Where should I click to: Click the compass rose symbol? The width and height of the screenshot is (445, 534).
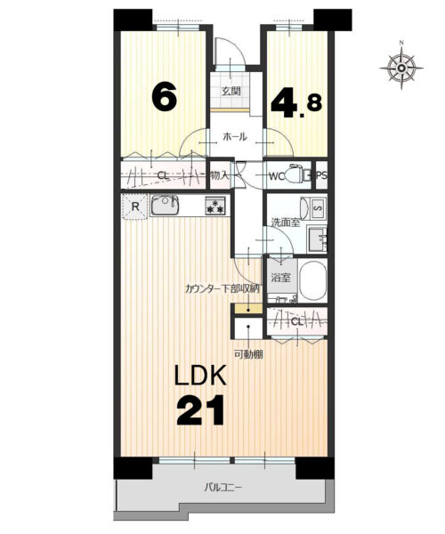(401, 68)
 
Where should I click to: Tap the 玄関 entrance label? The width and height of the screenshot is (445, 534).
(231, 91)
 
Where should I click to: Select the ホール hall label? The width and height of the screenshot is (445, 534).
(235, 137)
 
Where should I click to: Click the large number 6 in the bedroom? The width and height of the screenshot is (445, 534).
(165, 97)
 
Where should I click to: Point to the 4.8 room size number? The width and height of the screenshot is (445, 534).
(296, 101)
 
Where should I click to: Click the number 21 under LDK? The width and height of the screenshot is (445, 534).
(200, 409)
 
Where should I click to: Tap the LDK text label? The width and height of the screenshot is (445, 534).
(200, 375)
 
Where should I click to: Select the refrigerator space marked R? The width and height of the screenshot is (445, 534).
(135, 206)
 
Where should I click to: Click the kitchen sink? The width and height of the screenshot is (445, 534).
(165, 205)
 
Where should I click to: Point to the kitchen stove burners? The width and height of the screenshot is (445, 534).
(214, 206)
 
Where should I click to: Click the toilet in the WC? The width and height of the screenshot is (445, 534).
(295, 174)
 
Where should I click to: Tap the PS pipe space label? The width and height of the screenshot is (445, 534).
(322, 175)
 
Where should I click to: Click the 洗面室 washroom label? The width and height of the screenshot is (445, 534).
(286, 222)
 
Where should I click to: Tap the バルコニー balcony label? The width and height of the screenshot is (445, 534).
(223, 488)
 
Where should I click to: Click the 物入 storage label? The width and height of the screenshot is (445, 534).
(220, 175)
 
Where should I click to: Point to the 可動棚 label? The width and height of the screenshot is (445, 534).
(248, 354)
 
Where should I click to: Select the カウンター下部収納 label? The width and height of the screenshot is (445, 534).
(222, 288)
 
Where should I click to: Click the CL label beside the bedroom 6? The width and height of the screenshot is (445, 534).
(163, 176)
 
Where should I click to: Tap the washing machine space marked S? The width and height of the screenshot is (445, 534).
(319, 207)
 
